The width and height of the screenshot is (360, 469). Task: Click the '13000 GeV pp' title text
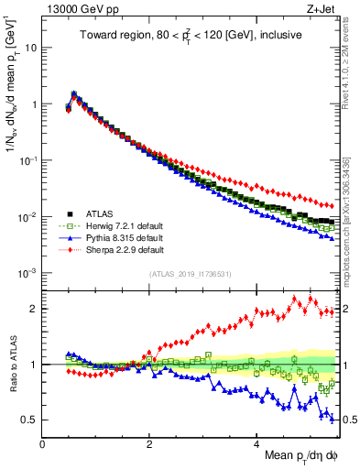point(75,10)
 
